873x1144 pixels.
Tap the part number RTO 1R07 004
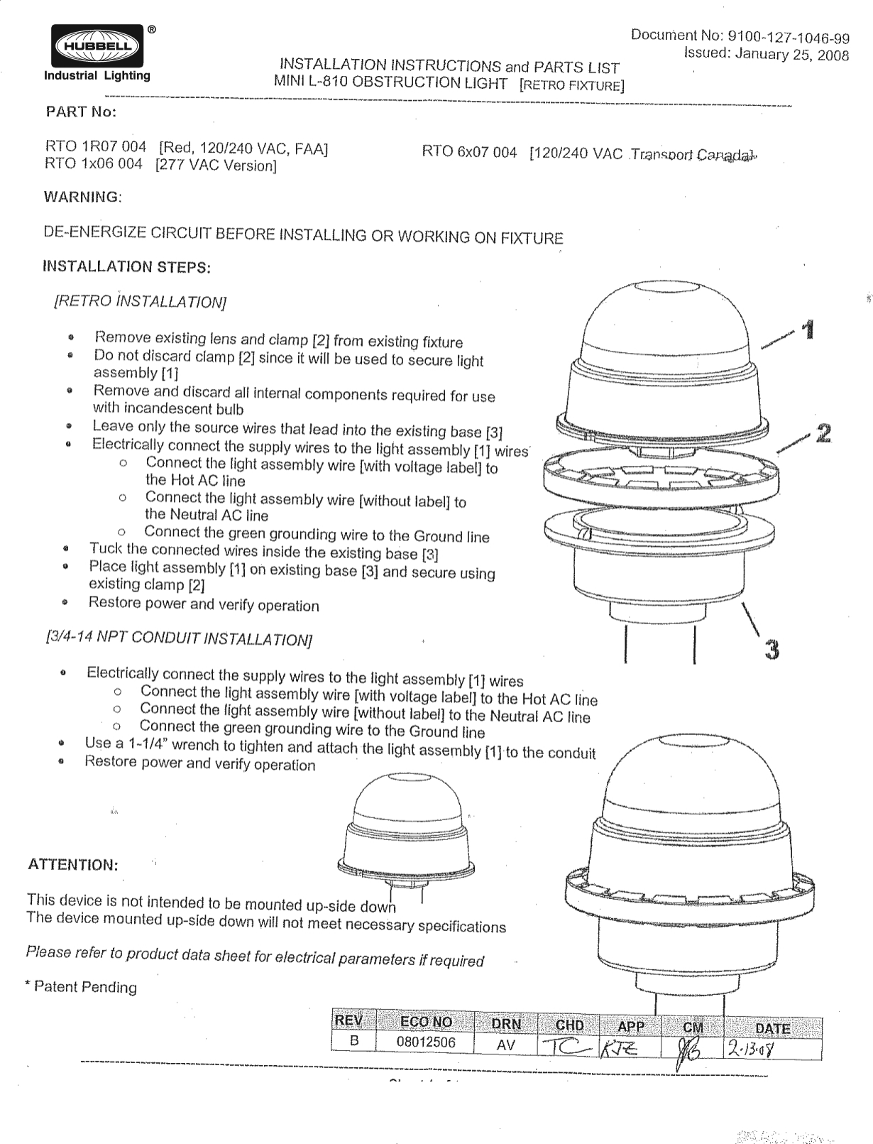coord(95,147)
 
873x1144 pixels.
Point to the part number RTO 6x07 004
coord(469,153)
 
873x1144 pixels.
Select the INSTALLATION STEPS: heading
coord(127,267)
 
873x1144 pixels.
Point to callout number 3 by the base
coord(772,648)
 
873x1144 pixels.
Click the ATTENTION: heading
coord(72,865)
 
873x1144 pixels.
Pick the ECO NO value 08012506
coord(425,1042)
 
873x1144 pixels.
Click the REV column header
coord(349,1021)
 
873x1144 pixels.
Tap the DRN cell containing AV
coord(505,1045)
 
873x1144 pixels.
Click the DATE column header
coord(772,1028)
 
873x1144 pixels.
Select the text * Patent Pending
coord(80,986)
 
